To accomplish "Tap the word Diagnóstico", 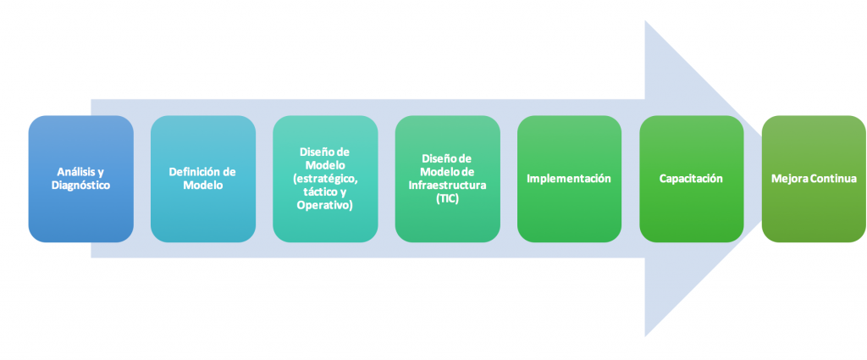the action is (80, 186).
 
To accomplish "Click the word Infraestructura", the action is (447, 185).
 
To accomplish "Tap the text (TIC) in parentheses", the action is (447, 198).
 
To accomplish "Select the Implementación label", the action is (569, 179).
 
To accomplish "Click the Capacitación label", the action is (691, 179).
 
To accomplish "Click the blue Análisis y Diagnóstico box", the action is (80, 179).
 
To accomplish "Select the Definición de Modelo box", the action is (203, 179).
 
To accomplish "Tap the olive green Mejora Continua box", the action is (814, 179).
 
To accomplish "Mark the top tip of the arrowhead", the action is (645, 21).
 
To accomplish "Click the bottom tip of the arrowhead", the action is (645, 336).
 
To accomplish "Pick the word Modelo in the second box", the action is (203, 186).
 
